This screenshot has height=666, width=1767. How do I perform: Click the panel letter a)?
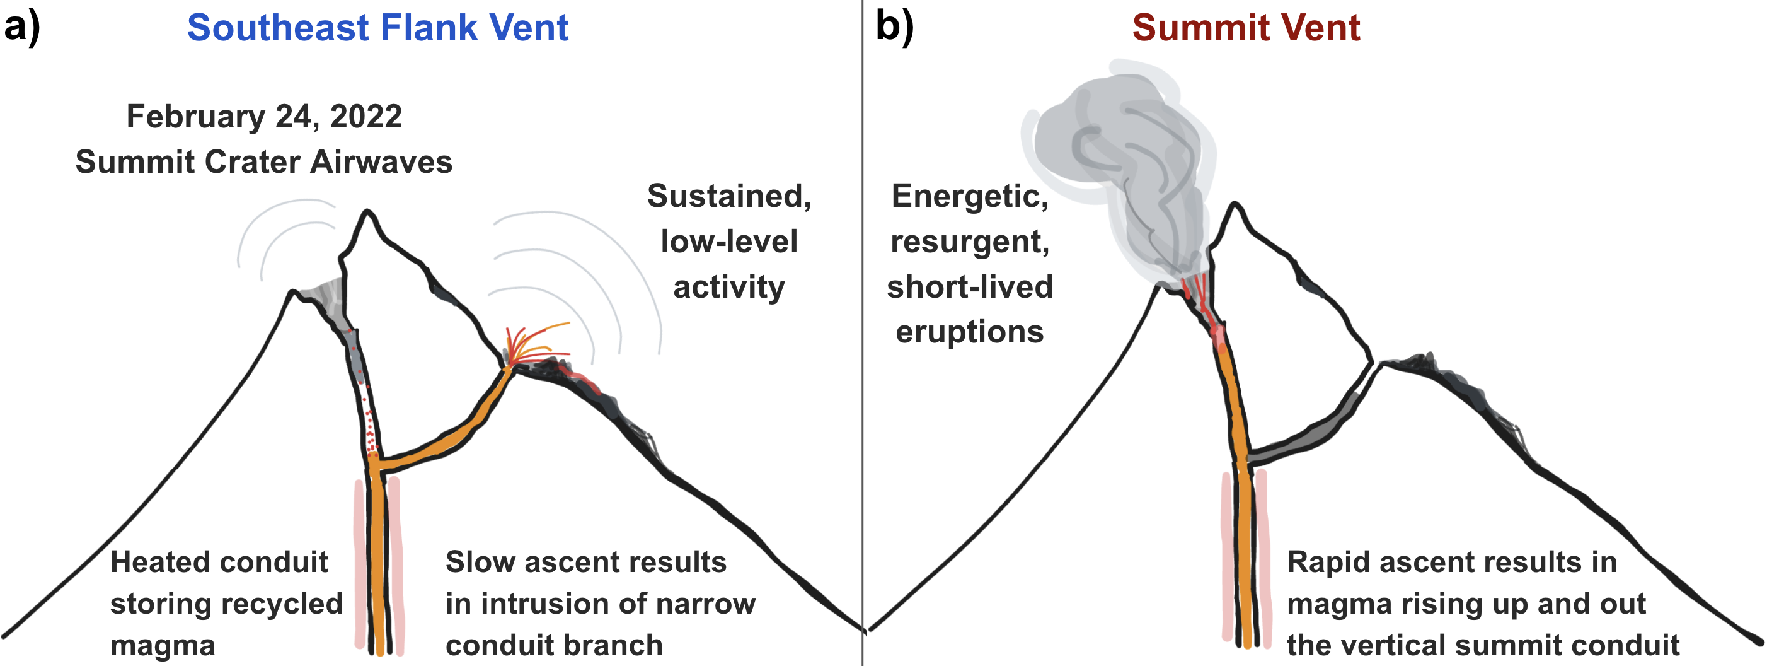click(22, 28)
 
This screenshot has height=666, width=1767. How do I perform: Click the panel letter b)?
click(894, 28)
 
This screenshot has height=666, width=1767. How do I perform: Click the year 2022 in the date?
click(365, 116)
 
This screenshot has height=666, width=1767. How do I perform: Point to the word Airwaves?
click(381, 162)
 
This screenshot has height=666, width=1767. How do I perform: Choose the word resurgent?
click(970, 242)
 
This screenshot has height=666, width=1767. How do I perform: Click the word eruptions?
click(970, 332)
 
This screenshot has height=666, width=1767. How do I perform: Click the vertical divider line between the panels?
click(862, 333)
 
